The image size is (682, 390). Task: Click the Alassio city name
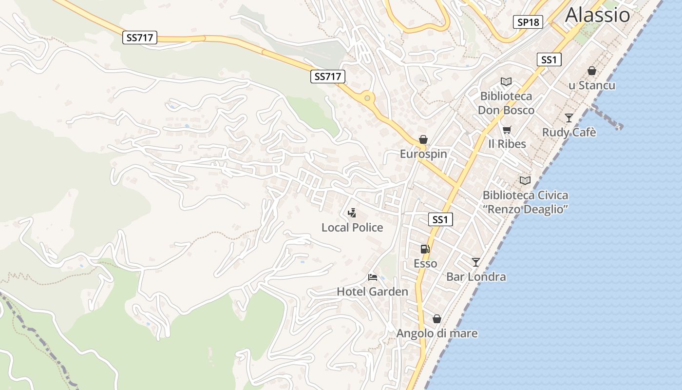click(597, 15)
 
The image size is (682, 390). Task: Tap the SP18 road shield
click(528, 22)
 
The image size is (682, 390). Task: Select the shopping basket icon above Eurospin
click(423, 140)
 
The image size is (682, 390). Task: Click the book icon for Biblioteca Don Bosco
click(506, 82)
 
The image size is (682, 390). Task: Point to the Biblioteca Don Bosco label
click(506, 103)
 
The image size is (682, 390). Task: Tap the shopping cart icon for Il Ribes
click(507, 130)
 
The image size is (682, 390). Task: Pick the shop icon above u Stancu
click(592, 71)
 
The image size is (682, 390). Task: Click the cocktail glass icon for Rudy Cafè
click(568, 118)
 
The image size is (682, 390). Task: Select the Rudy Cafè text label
click(569, 133)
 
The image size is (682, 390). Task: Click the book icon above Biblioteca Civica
click(525, 181)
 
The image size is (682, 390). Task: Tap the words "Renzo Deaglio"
click(526, 210)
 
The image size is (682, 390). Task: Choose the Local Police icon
click(352, 213)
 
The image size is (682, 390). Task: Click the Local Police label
click(352, 228)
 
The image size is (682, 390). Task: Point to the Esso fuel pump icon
click(425, 249)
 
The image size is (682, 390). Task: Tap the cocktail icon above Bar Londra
click(476, 262)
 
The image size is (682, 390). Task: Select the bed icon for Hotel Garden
click(373, 278)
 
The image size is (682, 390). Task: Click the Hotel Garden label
click(373, 292)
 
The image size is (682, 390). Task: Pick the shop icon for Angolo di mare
click(437, 319)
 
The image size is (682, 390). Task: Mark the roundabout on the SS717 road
click(367, 98)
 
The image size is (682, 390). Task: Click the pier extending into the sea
click(606, 117)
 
